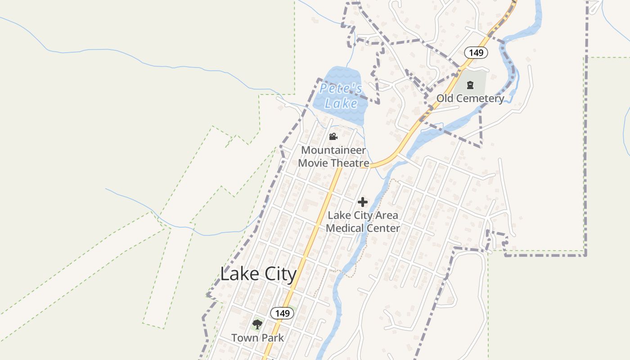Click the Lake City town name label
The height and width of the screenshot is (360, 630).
pos(258,274)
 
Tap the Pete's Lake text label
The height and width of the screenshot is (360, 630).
pos(341,96)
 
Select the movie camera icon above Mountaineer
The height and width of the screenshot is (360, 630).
pos(333,136)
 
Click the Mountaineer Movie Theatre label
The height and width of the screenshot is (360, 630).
pos(333,157)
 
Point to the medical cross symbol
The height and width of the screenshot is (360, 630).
pos(363,202)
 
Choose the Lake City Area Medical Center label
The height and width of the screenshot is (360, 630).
pos(363,221)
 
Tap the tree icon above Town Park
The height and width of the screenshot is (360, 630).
pos(257,324)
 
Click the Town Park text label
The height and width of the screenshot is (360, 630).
pos(257,337)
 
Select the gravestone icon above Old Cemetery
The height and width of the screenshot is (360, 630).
pos(470,85)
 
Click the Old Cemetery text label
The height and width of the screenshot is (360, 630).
pos(470,99)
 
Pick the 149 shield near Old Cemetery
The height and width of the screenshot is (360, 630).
pos(476,53)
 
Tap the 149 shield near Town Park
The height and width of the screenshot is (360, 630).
pos(282,313)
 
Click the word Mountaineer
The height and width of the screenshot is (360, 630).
pos(333,150)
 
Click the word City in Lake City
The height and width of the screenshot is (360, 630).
pos(278,274)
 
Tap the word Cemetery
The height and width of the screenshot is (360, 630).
pos(481,99)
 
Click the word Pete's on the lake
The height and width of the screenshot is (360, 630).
pos(341,89)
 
